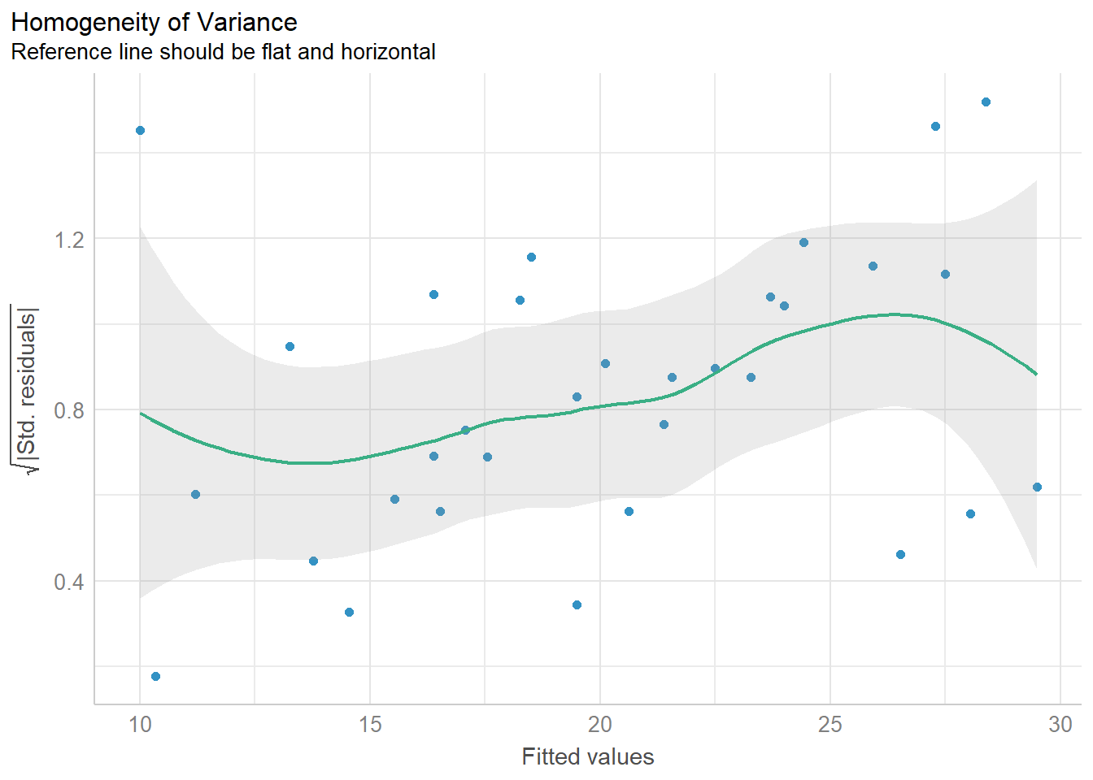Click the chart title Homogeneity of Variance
click(155, 22)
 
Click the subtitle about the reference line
click(223, 52)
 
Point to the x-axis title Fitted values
click(587, 756)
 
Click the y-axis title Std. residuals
click(28, 390)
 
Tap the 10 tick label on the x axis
click(140, 724)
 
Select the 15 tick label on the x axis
click(370, 724)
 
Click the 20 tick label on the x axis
click(600, 724)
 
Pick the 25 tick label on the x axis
click(830, 724)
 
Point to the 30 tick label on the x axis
click(1060, 724)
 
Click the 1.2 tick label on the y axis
click(69, 239)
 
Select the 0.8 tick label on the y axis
click(69, 410)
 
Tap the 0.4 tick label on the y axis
click(69, 582)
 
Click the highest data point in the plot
click(986, 102)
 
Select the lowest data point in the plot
click(155, 676)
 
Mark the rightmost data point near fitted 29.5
click(1037, 487)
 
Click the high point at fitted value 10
click(140, 130)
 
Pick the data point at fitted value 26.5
click(900, 554)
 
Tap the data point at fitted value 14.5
click(349, 612)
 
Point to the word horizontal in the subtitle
click(388, 52)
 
